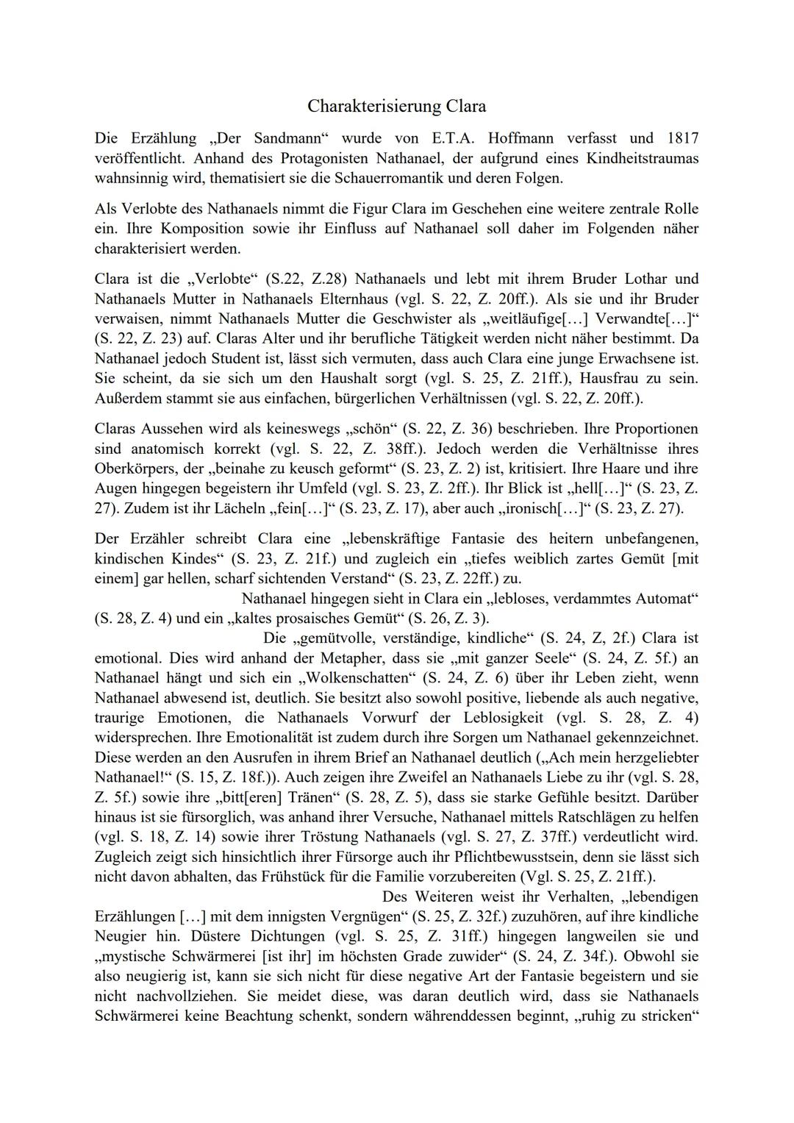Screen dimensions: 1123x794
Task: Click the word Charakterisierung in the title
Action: click(373, 107)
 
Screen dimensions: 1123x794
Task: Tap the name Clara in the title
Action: click(466, 107)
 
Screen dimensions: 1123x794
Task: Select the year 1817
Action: click(683, 138)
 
